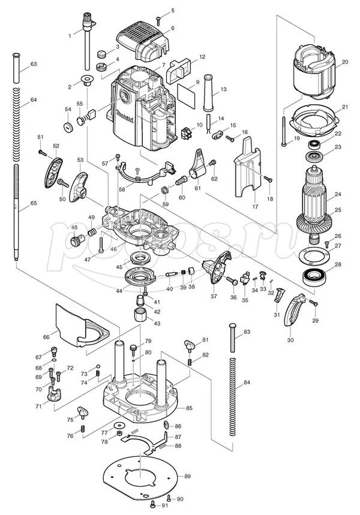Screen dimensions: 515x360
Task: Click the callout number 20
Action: (x=345, y=62)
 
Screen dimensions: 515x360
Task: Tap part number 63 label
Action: (x=34, y=64)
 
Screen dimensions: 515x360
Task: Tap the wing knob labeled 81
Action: (x=191, y=345)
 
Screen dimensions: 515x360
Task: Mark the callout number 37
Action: (x=214, y=296)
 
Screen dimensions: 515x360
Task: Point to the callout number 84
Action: (x=247, y=383)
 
